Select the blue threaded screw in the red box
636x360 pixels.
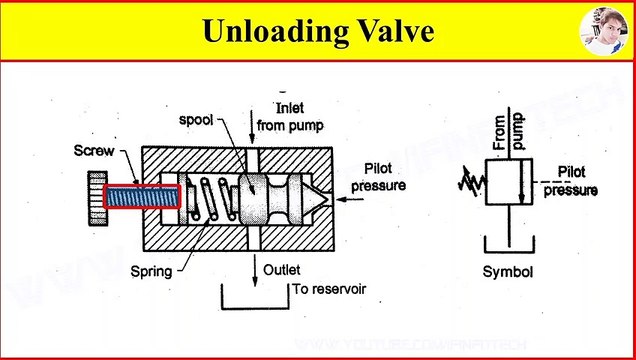point(141,198)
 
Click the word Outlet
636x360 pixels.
point(283,269)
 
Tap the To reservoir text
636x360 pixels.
point(329,289)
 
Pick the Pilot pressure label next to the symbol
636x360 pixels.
point(578,180)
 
